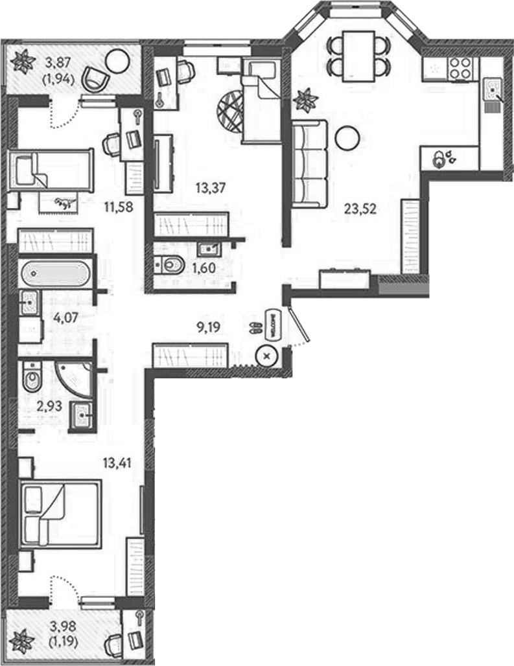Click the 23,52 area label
[x=360, y=209]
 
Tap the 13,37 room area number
[x=211, y=187]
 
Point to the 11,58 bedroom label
[x=119, y=207]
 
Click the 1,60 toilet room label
[x=204, y=268]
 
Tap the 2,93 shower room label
[x=49, y=406]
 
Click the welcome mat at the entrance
[x=270, y=325]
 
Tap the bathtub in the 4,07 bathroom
[x=55, y=274]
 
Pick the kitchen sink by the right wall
[x=493, y=91]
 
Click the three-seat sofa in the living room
[x=310, y=163]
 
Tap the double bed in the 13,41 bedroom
[x=60, y=514]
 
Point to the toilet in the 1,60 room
[x=169, y=266]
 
